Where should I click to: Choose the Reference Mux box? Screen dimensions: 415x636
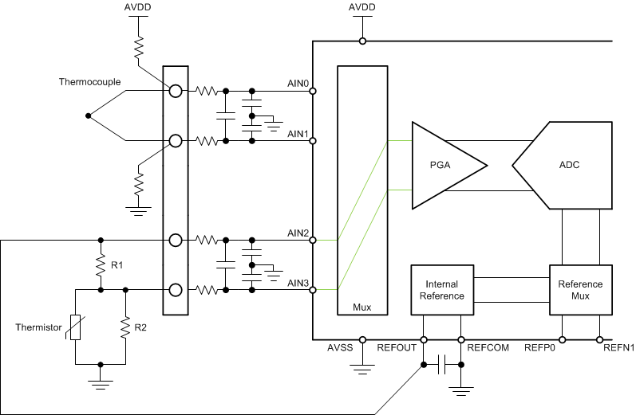[580, 290]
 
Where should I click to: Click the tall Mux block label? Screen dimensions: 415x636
[362, 306]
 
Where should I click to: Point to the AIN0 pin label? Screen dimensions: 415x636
[298, 83]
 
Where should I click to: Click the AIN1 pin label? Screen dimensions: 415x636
[298, 132]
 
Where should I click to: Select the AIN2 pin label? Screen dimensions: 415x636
[298, 233]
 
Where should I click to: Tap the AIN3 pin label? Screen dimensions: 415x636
[298, 282]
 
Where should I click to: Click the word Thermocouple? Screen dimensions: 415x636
[86, 82]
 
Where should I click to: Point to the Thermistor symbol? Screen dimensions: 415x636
[75, 327]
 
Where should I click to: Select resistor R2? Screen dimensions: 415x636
[126, 327]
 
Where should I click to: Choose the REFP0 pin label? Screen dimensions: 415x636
[539, 347]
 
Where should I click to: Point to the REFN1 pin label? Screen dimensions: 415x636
[619, 347]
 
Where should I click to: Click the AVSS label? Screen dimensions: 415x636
[341, 347]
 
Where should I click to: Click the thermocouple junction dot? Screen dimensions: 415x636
[88, 116]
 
